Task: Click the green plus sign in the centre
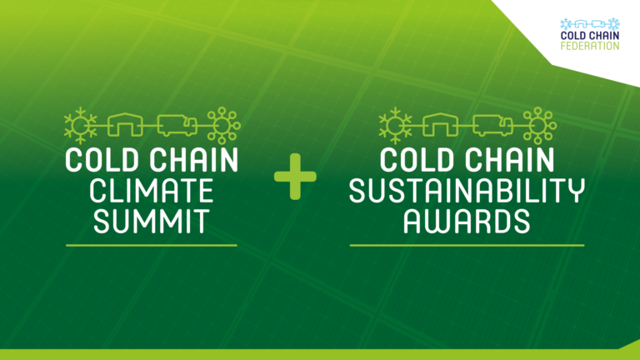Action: [x=295, y=177]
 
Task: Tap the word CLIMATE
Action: [x=152, y=191]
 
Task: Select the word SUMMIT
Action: [x=152, y=221]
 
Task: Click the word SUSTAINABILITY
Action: [x=467, y=191]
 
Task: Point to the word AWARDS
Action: [x=467, y=221]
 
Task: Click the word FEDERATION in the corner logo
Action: [x=590, y=46]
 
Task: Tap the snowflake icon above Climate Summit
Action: [x=80, y=126]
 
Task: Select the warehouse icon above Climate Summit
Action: [x=125, y=124]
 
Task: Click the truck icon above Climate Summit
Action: [x=177, y=125]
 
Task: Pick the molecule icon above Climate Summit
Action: [x=223, y=125]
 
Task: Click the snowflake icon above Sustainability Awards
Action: [x=395, y=126]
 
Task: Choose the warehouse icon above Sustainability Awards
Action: [x=440, y=124]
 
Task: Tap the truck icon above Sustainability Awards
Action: [x=492, y=125]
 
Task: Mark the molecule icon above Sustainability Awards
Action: [x=540, y=125]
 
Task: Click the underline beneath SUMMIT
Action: [x=152, y=245]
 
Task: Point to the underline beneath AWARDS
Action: [x=467, y=245]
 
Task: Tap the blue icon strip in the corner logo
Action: [x=590, y=24]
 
